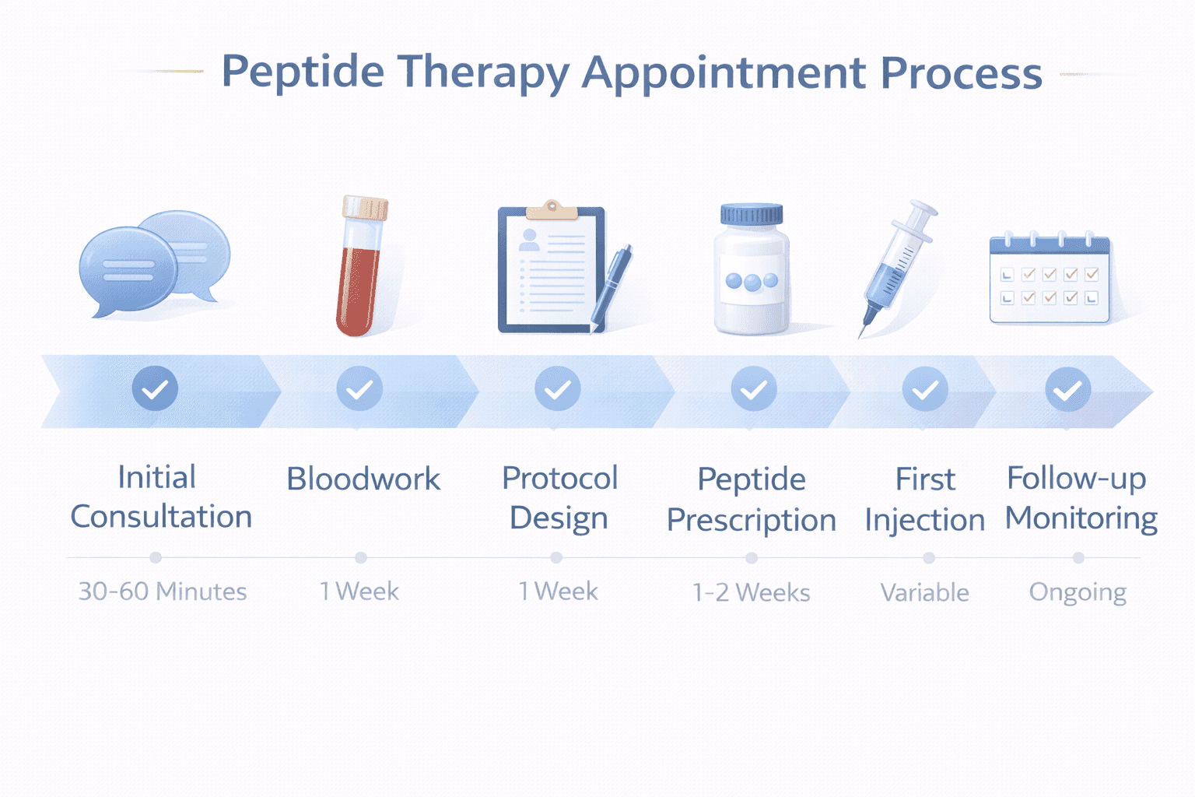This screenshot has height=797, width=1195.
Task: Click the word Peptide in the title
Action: point(303,73)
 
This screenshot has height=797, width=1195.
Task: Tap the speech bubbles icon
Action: point(154,263)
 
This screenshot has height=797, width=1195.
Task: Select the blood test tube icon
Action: point(361,266)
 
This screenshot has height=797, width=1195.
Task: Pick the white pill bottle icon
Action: point(752,271)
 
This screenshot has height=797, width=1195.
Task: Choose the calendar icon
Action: point(1050,279)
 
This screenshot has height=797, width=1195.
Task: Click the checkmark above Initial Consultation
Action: point(155,388)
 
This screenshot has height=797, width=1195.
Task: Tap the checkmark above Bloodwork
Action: point(359,388)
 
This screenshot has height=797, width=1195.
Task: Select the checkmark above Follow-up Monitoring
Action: point(1067,389)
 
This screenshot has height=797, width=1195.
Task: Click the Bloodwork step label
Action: point(363,479)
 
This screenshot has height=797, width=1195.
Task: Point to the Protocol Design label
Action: point(559,498)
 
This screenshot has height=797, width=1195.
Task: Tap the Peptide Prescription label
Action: point(752,500)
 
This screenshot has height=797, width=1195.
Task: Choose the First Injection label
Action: point(925,500)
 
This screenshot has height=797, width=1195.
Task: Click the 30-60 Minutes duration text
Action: point(163,592)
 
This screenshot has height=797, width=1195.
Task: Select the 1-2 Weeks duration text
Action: point(752,593)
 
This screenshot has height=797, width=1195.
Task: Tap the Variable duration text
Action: point(925,593)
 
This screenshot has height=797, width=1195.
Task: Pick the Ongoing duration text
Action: point(1078,593)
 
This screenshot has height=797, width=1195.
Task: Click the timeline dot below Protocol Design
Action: point(556,558)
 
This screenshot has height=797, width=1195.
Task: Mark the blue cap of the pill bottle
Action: point(752,214)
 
